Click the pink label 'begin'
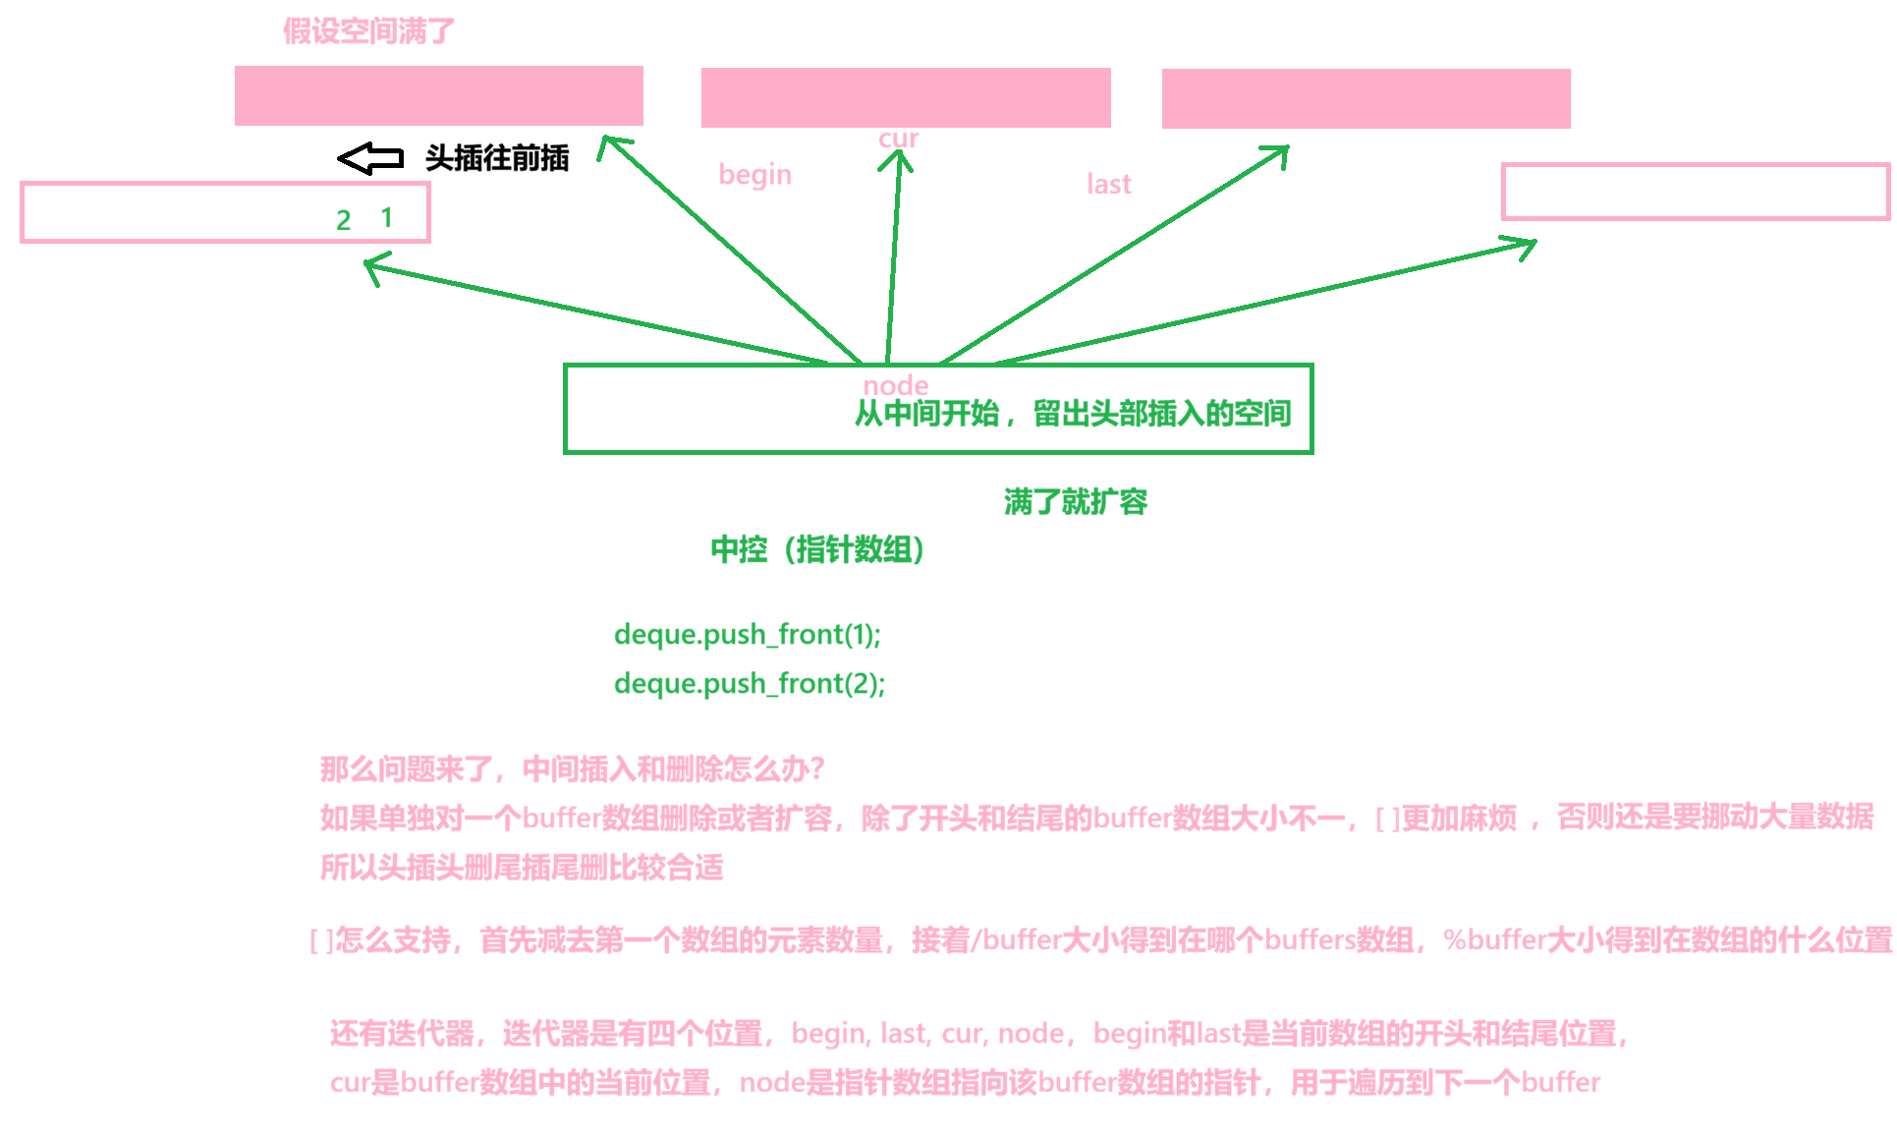tap(754, 175)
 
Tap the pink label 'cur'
tap(898, 139)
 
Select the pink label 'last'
tap(1108, 185)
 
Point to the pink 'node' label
tap(895, 385)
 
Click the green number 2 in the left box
tap(343, 220)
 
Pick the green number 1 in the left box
tap(387, 217)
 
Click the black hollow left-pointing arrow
tap(370, 158)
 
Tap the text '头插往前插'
tap(497, 158)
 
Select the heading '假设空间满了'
tap(368, 31)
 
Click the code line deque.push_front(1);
tap(747, 635)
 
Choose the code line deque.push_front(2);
tap(749, 684)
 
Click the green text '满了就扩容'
tap(1075, 502)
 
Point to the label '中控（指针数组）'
tap(817, 549)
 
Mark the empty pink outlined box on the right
tap(1695, 192)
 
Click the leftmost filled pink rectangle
tap(438, 96)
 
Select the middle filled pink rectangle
tap(905, 97)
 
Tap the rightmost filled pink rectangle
tap(1366, 98)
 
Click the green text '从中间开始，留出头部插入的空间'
tap(1072, 414)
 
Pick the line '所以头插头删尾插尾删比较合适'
tap(522, 868)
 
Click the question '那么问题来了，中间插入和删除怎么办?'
tap(572, 768)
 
